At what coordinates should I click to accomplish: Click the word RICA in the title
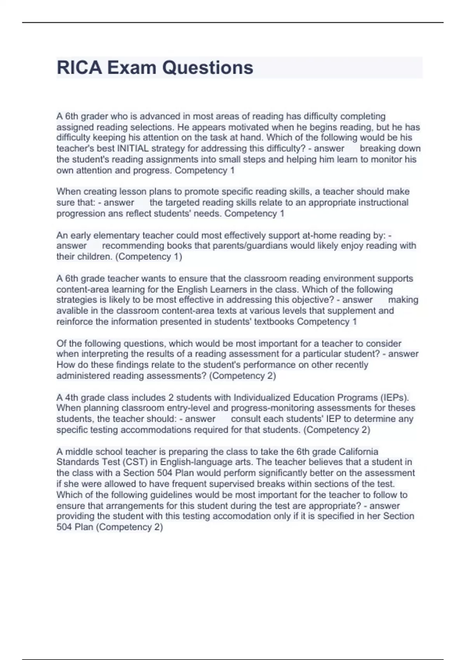click(x=80, y=68)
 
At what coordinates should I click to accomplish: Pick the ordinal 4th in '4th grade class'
click(x=71, y=398)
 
